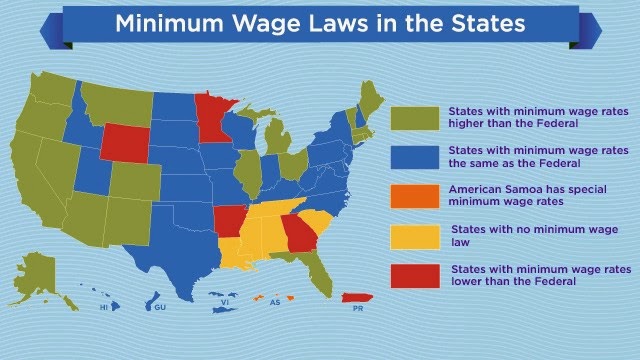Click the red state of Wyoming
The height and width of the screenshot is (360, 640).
[x=125, y=143]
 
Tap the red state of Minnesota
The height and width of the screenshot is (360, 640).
[x=212, y=117]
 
